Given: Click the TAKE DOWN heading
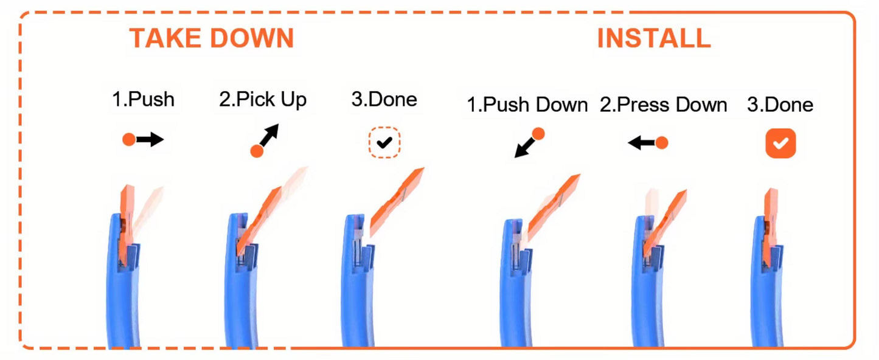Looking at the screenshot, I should (x=211, y=38).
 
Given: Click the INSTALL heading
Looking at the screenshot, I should (x=653, y=38).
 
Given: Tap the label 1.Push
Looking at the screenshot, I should (x=143, y=99).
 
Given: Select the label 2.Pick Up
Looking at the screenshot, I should (x=263, y=99).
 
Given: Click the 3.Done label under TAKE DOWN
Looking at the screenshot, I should (x=384, y=99).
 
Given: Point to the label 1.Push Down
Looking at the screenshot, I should (x=527, y=105).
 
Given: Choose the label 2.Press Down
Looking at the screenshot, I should (x=663, y=105).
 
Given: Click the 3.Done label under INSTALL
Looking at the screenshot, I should (x=780, y=105).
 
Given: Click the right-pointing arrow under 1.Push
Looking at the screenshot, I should (x=150, y=140).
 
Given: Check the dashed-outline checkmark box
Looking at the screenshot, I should (x=384, y=143).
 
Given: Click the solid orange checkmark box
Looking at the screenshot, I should (x=780, y=144).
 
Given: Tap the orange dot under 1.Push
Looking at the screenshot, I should (x=128, y=140).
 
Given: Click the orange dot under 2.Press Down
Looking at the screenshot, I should (x=662, y=143).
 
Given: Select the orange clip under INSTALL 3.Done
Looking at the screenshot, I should (x=771, y=225).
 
